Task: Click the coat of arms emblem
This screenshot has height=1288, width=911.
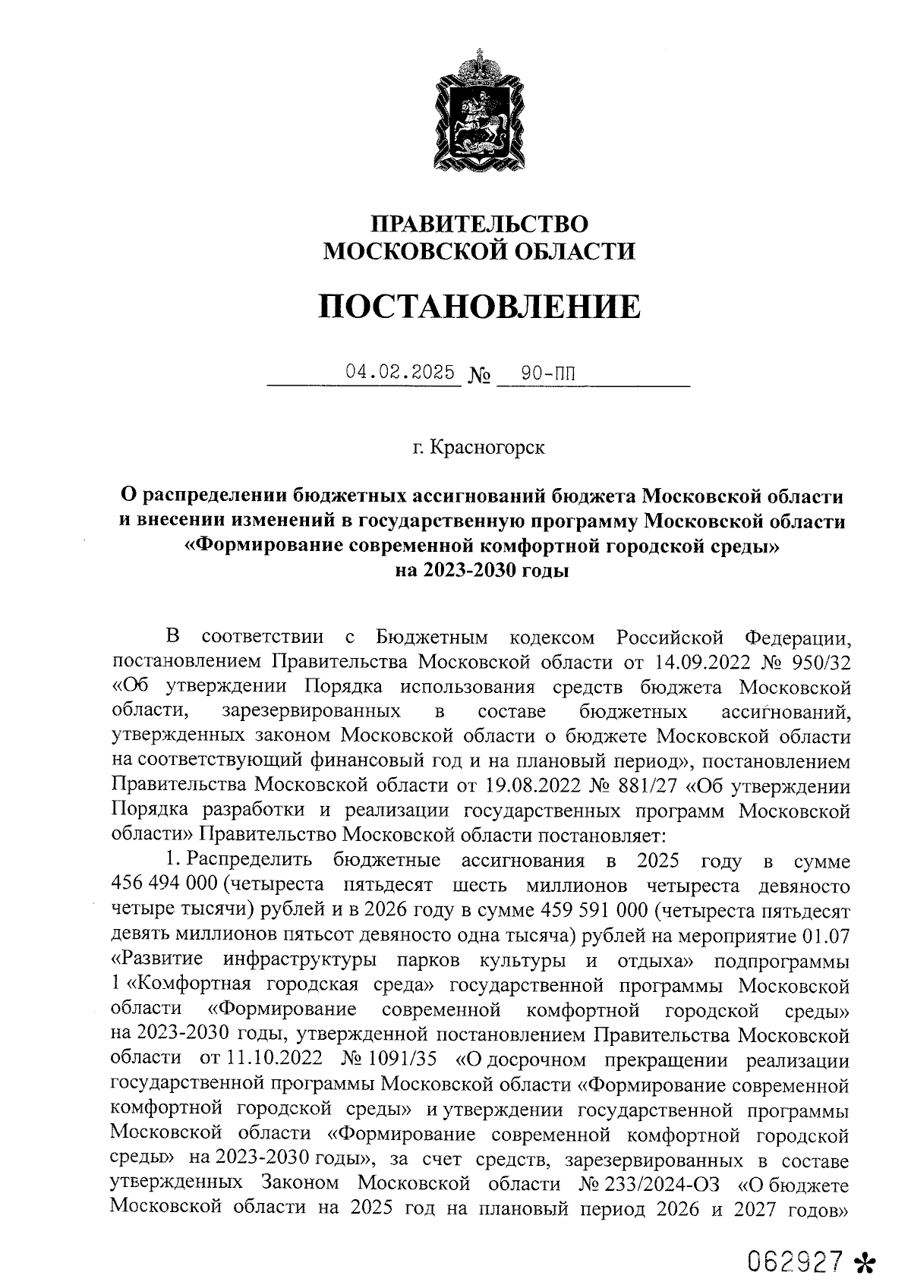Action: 479,112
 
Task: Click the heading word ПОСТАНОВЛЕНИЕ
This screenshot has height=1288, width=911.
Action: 479,307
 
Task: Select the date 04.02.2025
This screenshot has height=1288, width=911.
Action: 400,372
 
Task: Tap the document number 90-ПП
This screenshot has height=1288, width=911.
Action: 548,373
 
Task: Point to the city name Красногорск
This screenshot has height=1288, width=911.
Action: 487,447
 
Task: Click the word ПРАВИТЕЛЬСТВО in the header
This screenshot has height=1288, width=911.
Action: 479,223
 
